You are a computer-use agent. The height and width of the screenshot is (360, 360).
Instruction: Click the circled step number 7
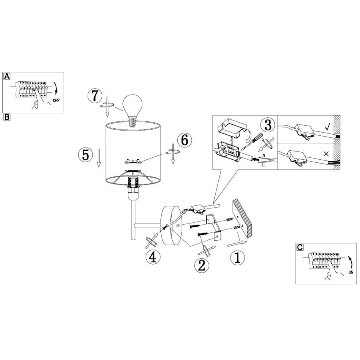(95, 96)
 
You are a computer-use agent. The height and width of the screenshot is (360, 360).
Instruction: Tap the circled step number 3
(268, 125)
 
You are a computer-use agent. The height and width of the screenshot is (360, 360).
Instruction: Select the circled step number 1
(238, 258)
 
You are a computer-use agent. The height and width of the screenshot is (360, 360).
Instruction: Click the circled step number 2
(202, 266)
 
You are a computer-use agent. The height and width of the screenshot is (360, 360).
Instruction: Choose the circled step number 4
(153, 257)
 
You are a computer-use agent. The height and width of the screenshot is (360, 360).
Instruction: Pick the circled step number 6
(185, 140)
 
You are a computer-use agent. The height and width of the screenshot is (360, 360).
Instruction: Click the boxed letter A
(7, 76)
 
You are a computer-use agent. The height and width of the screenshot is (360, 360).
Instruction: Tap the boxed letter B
(7, 117)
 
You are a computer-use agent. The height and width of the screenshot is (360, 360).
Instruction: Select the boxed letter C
(300, 247)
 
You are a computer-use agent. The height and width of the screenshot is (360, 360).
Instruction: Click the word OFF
(56, 100)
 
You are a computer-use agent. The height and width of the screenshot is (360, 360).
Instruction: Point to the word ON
(351, 272)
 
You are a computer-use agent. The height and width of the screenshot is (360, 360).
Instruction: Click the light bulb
(133, 110)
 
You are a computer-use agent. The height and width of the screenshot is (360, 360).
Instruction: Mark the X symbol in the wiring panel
(326, 154)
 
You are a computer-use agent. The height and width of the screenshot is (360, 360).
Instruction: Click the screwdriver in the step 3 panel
(254, 140)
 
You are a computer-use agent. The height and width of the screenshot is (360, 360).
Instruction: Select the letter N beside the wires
(264, 155)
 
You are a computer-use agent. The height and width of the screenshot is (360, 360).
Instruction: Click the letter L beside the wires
(263, 165)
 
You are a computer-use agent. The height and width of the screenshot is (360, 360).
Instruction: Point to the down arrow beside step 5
(99, 158)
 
